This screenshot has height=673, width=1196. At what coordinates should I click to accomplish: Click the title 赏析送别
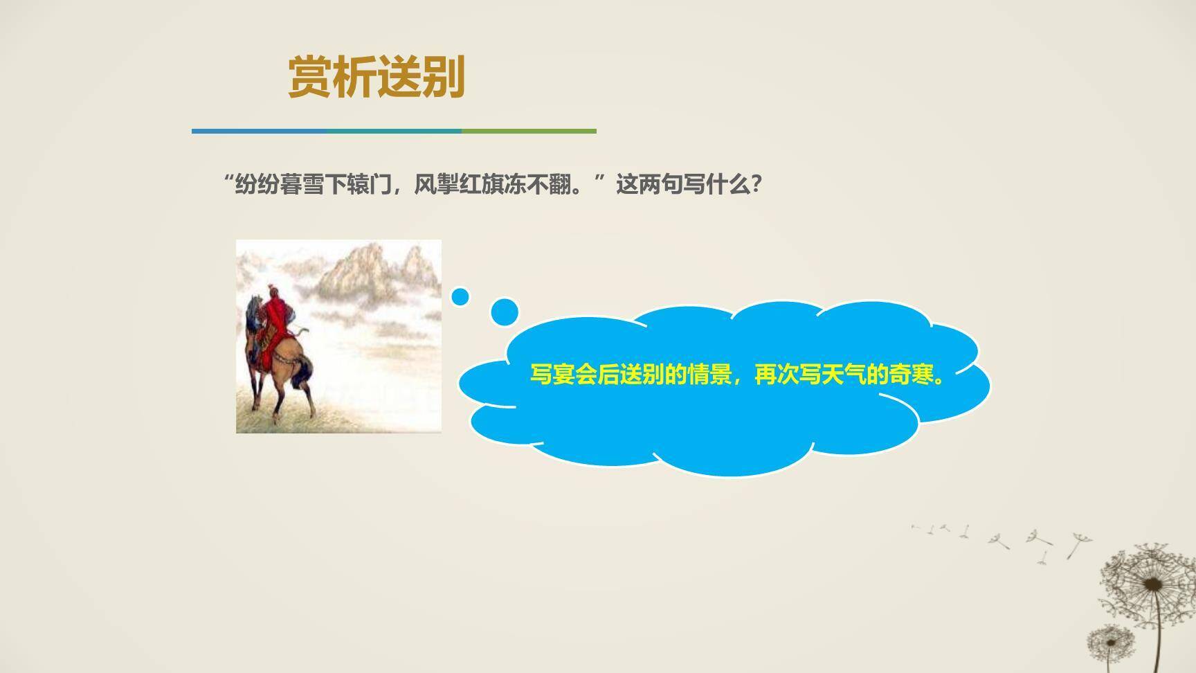(x=377, y=77)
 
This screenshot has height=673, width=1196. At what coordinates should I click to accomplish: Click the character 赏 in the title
(x=310, y=77)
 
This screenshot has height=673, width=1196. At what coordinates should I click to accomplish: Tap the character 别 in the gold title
(x=444, y=77)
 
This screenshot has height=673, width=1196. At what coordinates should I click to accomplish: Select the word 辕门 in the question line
(x=370, y=185)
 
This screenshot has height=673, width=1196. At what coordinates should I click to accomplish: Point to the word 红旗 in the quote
(x=482, y=185)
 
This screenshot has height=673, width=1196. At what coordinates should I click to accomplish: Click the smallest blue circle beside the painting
(x=460, y=297)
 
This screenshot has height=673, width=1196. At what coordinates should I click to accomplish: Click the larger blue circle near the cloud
(x=505, y=312)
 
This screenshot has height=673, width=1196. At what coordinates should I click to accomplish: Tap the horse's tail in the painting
(x=302, y=374)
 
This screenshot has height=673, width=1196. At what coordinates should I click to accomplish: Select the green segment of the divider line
(x=529, y=131)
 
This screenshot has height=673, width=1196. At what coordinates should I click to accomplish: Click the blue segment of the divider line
(x=256, y=131)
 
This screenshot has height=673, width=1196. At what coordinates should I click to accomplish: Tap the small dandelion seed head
(x=1111, y=641)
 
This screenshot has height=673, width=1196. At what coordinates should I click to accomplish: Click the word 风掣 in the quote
(x=437, y=185)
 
